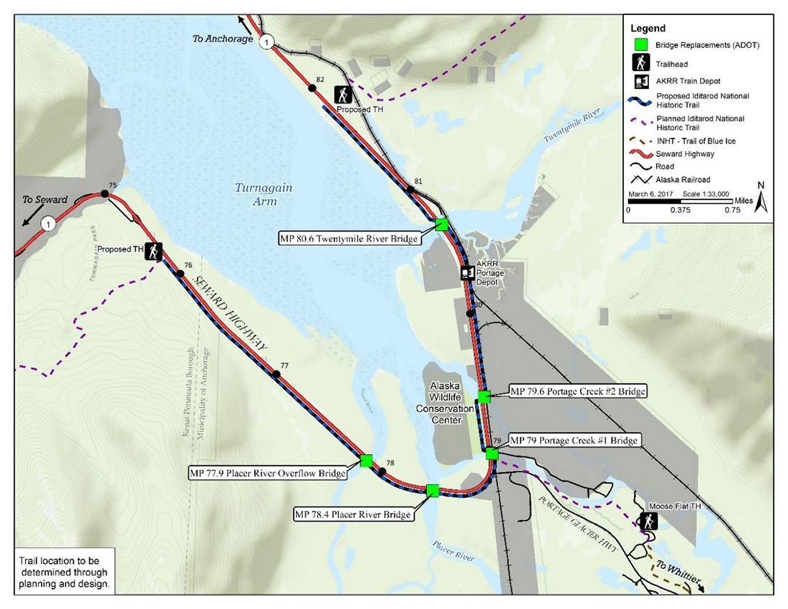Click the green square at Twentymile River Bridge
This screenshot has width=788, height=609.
(442, 224)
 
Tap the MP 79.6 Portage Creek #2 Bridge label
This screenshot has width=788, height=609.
(577, 391)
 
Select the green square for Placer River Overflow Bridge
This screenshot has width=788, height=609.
(366, 461)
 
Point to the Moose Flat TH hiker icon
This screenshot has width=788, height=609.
(650, 521)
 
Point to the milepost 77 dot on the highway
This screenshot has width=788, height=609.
(274, 373)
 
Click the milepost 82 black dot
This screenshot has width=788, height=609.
(312, 88)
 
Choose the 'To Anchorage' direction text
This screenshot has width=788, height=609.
(223, 39)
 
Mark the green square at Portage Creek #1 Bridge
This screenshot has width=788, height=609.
(491, 453)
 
